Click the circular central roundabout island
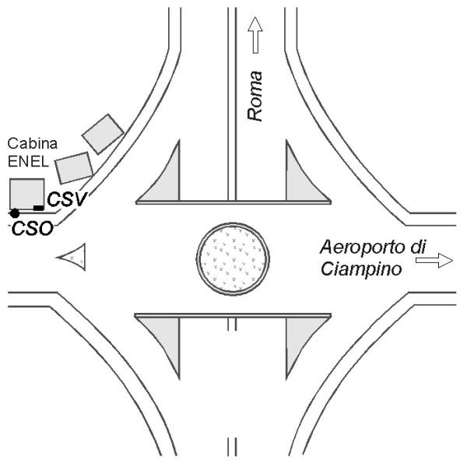pos(233,259)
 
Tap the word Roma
pos(255,97)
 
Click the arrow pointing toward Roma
pos(255,35)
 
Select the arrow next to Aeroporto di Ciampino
pos(434,261)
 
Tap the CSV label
pos(67,199)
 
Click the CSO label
pos(33,229)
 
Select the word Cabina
pos(33,143)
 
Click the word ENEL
pos(28,162)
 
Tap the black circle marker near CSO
pos(15,213)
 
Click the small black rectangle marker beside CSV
pos(38,208)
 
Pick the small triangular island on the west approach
pos(74,257)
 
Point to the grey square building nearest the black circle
pos(27,194)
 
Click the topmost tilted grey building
pos(103,134)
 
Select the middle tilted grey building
pos(74,168)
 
